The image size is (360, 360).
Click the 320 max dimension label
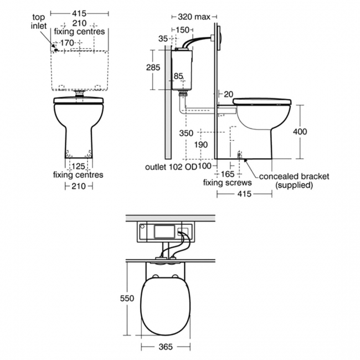(194, 17)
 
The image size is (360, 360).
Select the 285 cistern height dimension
(153, 68)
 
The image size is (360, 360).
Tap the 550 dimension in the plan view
(127, 298)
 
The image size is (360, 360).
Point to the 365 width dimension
(166, 347)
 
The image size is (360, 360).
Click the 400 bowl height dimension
(300, 132)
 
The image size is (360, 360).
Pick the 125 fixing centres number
(79, 166)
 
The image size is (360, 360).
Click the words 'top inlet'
(39, 22)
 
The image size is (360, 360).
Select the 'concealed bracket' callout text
(294, 176)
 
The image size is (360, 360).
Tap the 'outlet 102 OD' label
(171, 167)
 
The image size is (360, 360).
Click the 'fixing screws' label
(227, 183)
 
